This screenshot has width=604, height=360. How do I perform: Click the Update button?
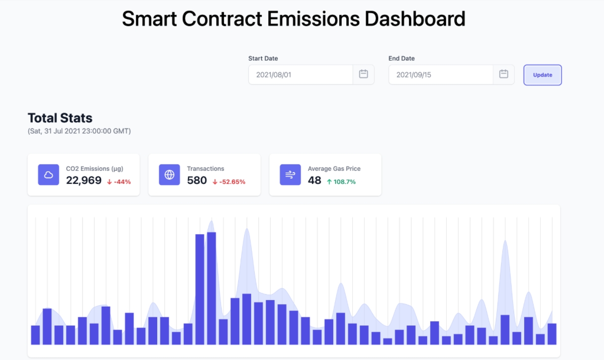[542, 75]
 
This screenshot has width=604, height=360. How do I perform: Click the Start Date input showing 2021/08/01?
[300, 75]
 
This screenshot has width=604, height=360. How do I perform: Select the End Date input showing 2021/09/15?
[440, 75]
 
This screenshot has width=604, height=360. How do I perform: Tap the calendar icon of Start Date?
[363, 74]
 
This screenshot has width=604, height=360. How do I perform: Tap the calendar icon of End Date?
[504, 74]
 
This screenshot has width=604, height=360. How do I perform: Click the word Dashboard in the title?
[415, 19]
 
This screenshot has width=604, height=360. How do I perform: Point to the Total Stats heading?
[60, 118]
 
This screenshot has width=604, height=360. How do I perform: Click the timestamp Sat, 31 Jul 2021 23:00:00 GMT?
[79, 131]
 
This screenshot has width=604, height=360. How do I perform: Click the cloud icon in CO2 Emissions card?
[49, 175]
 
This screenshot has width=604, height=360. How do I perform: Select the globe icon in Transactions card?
[169, 175]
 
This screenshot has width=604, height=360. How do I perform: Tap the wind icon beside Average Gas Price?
[290, 175]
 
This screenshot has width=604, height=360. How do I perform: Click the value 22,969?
[84, 181]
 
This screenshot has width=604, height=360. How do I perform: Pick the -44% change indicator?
[119, 182]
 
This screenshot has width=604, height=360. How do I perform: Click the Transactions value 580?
[197, 181]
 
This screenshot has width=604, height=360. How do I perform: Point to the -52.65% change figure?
[229, 182]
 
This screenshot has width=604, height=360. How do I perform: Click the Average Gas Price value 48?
[315, 181]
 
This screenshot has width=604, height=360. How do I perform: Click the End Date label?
[401, 58]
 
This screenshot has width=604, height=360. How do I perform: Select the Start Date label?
[263, 58]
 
